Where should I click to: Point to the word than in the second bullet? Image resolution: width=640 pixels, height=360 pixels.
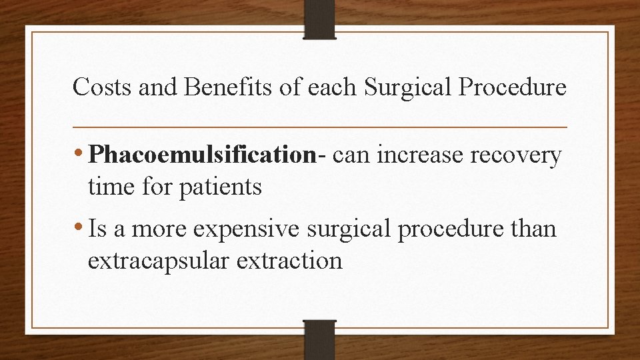click(535, 229)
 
